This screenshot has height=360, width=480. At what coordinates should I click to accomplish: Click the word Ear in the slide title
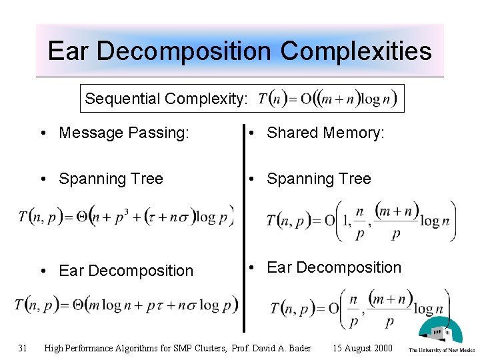pos(67,51)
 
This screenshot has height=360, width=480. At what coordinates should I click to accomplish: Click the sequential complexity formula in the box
pos(327,99)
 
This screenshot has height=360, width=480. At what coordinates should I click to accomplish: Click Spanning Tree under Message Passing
pos(111,179)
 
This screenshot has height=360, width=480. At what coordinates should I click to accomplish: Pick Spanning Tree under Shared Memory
pos(319,179)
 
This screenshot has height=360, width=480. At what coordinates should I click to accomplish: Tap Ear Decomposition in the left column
pos(125,271)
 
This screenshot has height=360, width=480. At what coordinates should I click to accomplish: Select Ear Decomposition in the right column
pos(334,267)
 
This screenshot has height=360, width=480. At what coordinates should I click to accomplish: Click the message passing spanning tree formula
pos(126,217)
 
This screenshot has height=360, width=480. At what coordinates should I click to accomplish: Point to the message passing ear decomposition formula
pos(126,305)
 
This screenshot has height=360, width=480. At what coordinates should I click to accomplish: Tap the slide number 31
pos(23,347)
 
